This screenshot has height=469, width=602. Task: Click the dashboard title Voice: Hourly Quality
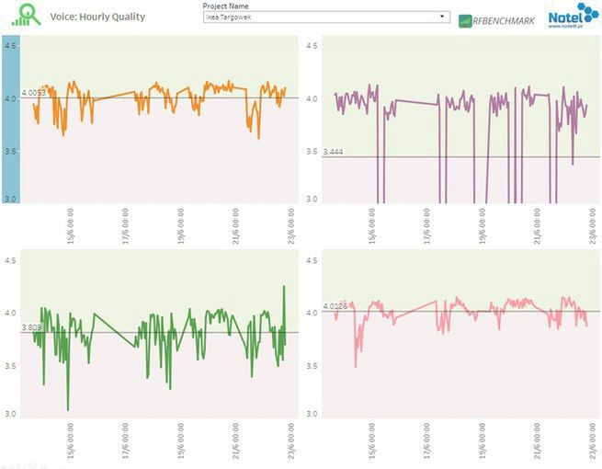pyautogui.click(x=97, y=17)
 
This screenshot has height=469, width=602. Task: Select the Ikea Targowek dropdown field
pyautogui.click(x=321, y=17)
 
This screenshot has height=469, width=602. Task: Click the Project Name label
pyautogui.click(x=225, y=6)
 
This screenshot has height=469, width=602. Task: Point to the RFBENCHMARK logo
pyautogui.click(x=496, y=20)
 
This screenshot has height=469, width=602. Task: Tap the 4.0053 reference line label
pyautogui.click(x=33, y=92)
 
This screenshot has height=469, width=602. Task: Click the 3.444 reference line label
pyautogui.click(x=334, y=151)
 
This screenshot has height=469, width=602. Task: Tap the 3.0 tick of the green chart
pyautogui.click(x=9, y=414)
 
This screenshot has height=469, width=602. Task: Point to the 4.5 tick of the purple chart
pyautogui.click(x=312, y=46)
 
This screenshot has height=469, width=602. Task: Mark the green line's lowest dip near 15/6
pyautogui.click(x=67, y=409)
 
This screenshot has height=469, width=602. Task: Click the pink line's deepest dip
pyautogui.click(x=356, y=367)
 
